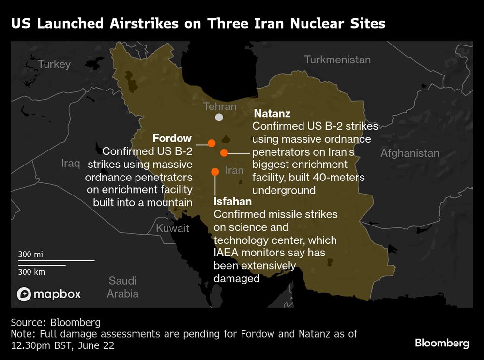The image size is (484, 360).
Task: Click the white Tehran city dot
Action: tap(219, 117)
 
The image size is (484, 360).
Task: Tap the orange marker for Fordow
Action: tap(212, 143)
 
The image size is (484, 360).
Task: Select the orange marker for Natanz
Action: tap(224, 153)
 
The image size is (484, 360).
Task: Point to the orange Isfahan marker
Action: tap(215, 171)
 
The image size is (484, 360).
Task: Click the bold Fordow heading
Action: tap(172, 138)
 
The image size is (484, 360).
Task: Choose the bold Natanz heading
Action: tap(272, 114)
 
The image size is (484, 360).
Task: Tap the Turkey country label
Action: tap(54, 64)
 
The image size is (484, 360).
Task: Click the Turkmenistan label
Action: tap(337, 60)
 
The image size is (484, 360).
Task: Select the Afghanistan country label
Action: tap(409, 153)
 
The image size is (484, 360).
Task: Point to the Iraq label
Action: tap(71, 163)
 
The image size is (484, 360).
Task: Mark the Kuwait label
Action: tap(172, 228)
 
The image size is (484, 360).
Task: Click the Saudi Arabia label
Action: tap(122, 287)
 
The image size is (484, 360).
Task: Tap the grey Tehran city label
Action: tap(220, 106)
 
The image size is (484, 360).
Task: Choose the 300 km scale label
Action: tap(31, 272)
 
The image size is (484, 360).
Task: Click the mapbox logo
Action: tap(49, 294)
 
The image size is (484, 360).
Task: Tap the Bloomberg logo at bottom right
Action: tap(441, 343)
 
